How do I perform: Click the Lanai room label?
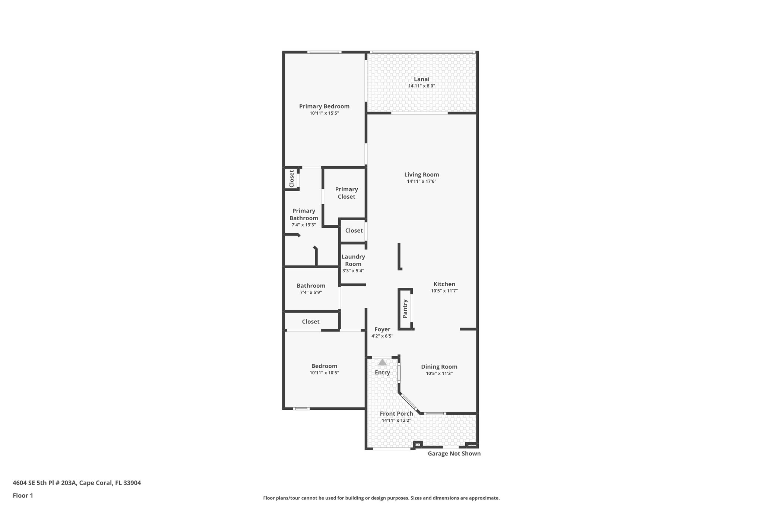421,79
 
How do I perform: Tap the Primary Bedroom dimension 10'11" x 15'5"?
324,113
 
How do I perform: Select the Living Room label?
421,175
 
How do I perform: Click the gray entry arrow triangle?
382,362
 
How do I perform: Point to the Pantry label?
405,309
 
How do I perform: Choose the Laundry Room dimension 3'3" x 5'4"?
353,271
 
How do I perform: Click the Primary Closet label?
346,193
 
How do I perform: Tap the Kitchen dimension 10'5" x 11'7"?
444,291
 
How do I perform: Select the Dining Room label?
439,367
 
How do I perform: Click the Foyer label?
382,329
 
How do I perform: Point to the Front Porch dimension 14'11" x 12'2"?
396,421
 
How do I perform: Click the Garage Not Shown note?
454,454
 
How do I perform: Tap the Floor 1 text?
23,496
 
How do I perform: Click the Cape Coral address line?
77,483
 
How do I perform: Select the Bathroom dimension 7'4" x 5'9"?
311,293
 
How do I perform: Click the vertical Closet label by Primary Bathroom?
292,179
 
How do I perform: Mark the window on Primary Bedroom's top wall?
324,52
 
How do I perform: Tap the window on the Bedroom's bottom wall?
301,409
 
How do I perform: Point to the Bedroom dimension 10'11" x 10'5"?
324,373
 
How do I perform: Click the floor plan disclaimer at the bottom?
381,498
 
